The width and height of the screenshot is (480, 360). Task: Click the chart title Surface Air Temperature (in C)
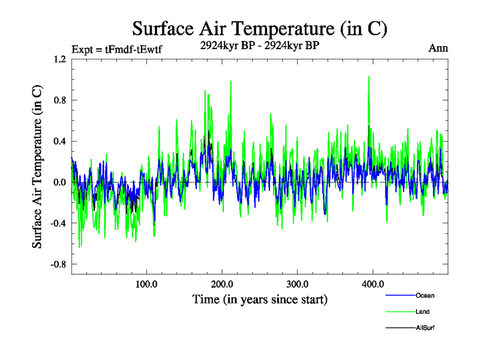tap(259, 28)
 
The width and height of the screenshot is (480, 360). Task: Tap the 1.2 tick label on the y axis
tap(60, 59)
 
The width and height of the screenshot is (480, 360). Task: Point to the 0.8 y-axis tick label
tap(60, 100)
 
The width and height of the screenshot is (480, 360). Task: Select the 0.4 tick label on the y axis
tap(60, 142)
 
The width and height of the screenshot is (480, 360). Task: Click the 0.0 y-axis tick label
tap(60, 182)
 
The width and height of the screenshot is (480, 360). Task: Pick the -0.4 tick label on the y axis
tap(59, 223)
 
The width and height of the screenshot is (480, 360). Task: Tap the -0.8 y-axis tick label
tap(59, 265)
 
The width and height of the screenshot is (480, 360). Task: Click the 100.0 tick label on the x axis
tap(146, 284)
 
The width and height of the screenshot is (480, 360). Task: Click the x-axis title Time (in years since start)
tap(260, 299)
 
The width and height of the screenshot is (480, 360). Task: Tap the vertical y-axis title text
tap(37, 167)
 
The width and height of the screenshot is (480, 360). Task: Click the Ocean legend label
tap(425, 295)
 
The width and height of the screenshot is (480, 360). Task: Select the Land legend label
tap(422, 311)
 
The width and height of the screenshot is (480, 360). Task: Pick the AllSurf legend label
tap(425, 328)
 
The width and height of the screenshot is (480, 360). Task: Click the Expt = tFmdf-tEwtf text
tap(116, 49)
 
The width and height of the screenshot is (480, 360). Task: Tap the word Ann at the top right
tap(438, 48)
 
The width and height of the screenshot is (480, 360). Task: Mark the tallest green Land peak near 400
tap(368, 77)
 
